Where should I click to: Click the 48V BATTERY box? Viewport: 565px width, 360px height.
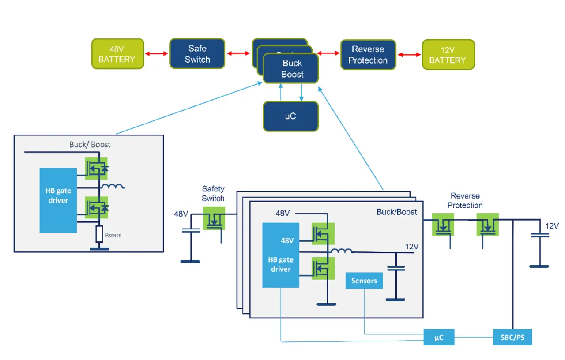coord(118,54)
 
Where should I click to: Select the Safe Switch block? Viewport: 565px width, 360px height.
coord(197,54)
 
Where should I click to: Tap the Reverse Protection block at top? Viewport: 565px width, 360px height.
coord(368,55)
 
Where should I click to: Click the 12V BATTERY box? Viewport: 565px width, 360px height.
coord(448,55)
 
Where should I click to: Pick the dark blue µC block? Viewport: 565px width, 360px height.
coord(290,116)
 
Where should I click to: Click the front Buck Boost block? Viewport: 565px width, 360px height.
coord(291,69)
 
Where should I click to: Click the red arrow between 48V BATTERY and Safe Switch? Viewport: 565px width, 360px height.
coord(157,54)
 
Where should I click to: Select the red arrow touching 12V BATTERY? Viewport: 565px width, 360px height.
coord(409,55)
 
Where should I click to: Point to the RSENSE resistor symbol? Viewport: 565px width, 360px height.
coord(99,234)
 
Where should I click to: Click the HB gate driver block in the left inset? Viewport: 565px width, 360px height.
coord(58,200)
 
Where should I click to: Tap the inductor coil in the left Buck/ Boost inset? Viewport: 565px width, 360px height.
coord(113,186)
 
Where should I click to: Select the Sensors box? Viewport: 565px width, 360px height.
coord(364,281)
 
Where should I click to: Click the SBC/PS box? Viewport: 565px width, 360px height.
coord(512,337)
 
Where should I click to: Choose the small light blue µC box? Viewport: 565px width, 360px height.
coord(438,337)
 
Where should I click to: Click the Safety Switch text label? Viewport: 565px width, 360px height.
coord(213,193)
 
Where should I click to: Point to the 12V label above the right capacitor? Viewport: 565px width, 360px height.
coord(552,226)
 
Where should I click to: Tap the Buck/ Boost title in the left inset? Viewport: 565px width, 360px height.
coord(90,144)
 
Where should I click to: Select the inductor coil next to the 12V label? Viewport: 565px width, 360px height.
coord(342,251)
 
